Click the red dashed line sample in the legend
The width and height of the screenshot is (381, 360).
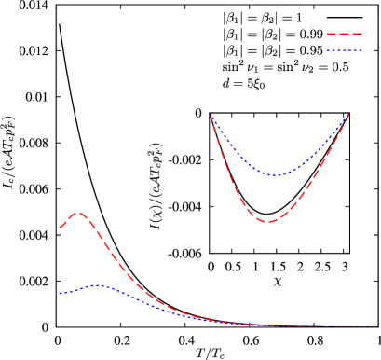tap(344, 35)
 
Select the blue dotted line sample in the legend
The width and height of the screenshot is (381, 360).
tap(344, 51)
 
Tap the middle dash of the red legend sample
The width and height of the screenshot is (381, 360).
tap(344, 35)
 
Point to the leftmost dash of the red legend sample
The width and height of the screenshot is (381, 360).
tap(331, 35)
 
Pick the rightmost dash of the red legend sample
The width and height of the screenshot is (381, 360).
tap(357, 35)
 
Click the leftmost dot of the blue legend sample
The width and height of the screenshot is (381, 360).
tap(327, 51)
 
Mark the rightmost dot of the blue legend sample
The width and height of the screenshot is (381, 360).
tap(361, 51)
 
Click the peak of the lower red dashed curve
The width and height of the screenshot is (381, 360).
tap(79, 214)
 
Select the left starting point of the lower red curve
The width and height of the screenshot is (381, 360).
tap(61, 227)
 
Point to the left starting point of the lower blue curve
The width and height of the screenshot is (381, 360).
tap(61, 294)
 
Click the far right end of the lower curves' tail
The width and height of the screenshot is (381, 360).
tap(376, 326)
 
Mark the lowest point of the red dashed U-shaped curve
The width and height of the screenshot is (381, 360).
tap(267, 222)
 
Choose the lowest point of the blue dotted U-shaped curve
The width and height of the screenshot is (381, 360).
tap(272, 175)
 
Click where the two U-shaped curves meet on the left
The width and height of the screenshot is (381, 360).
tap(211, 116)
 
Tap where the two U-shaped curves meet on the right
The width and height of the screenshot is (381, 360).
tap(348, 115)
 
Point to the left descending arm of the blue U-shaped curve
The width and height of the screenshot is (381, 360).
tap(233, 149)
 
